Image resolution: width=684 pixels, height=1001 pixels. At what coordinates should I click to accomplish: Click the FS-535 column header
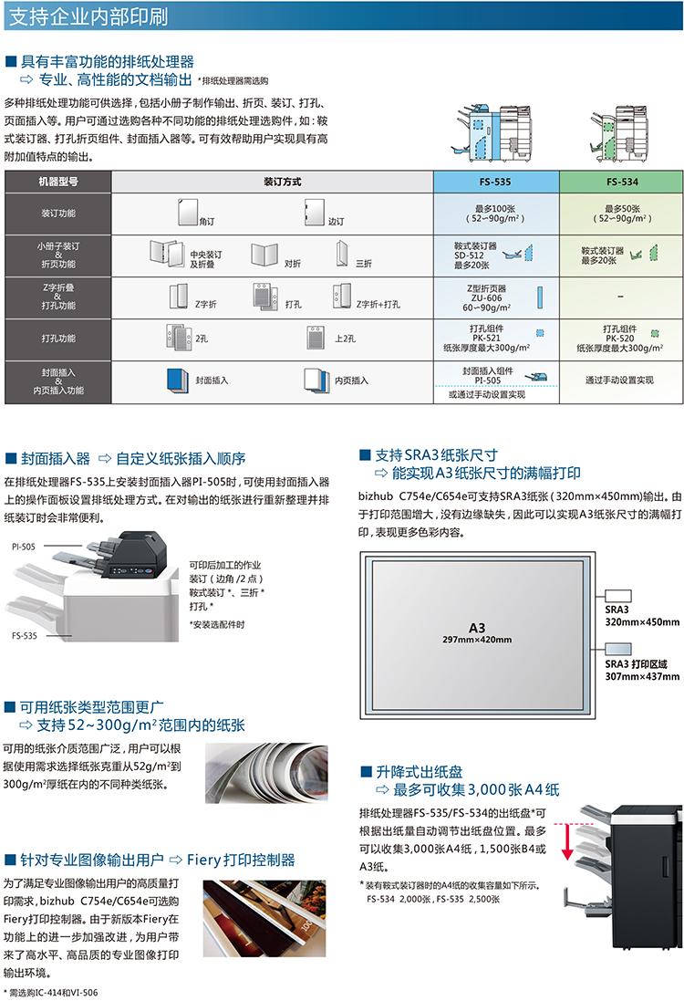coord(495,182)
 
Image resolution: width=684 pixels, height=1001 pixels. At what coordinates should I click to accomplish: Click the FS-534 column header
coord(621,182)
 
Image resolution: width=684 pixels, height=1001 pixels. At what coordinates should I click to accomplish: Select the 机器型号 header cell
coord(58,182)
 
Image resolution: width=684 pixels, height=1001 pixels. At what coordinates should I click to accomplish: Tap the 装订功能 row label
coord(58,214)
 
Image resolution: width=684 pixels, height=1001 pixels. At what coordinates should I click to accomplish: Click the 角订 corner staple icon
coord(188,212)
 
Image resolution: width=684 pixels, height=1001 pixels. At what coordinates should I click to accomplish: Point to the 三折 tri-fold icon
coord(342,254)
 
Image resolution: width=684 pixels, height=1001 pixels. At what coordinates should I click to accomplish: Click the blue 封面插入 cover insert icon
coord(177,380)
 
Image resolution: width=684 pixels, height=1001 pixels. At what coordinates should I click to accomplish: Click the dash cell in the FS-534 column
coord(621,297)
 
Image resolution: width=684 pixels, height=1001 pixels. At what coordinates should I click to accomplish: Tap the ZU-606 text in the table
coord(486,298)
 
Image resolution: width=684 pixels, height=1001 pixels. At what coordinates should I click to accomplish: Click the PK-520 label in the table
coord(619,339)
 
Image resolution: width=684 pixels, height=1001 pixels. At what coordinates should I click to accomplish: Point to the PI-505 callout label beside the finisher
coord(24,547)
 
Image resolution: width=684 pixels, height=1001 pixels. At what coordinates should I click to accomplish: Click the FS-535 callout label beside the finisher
coord(25,635)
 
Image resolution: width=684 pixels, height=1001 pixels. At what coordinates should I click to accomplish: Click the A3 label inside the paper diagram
coord(477,628)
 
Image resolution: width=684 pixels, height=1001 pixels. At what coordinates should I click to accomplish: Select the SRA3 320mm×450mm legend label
coord(642,616)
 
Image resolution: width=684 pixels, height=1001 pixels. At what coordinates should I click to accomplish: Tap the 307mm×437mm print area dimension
coord(642,676)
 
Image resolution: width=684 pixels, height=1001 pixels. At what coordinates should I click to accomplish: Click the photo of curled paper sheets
coord(266,773)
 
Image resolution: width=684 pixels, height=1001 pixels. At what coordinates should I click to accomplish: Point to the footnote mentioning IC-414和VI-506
coord(51,992)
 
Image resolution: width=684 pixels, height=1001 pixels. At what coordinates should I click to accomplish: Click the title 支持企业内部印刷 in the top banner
coord(88,16)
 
